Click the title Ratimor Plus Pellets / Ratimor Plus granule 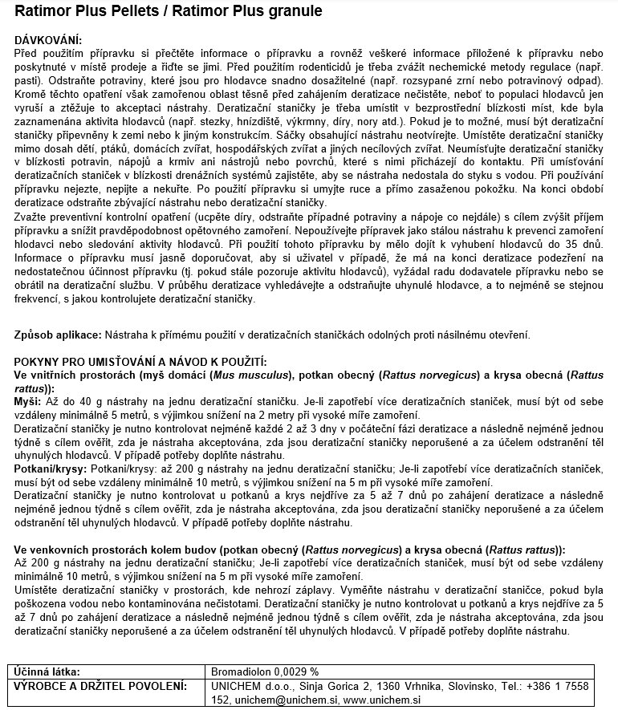coord(158,11)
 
